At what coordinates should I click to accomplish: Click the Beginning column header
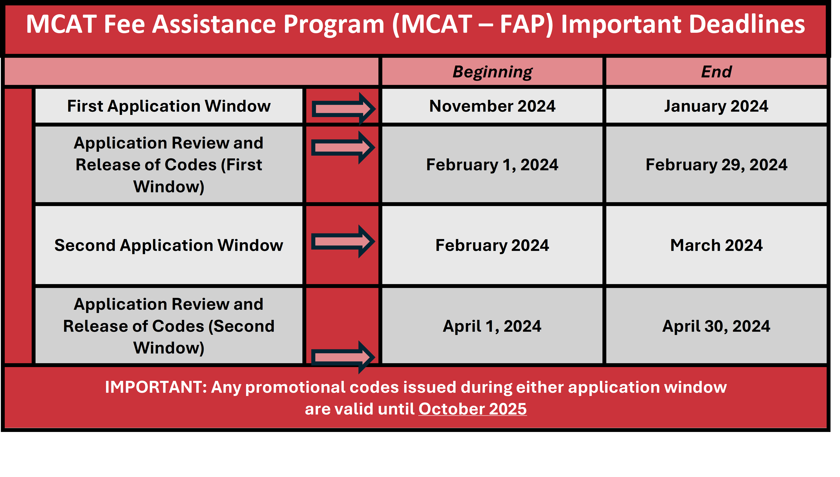492,72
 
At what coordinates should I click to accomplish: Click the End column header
716,72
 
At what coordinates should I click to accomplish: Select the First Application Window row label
169,106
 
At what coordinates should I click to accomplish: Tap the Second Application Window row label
169,245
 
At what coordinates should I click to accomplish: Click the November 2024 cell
492,106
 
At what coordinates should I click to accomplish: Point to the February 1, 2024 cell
492,165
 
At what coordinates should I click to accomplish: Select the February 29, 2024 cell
716,165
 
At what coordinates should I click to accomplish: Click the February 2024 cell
492,245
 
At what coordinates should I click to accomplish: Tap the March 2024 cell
716,245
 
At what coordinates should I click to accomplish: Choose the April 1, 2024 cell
492,326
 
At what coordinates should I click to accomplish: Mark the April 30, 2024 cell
716,326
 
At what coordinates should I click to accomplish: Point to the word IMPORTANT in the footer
156,387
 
